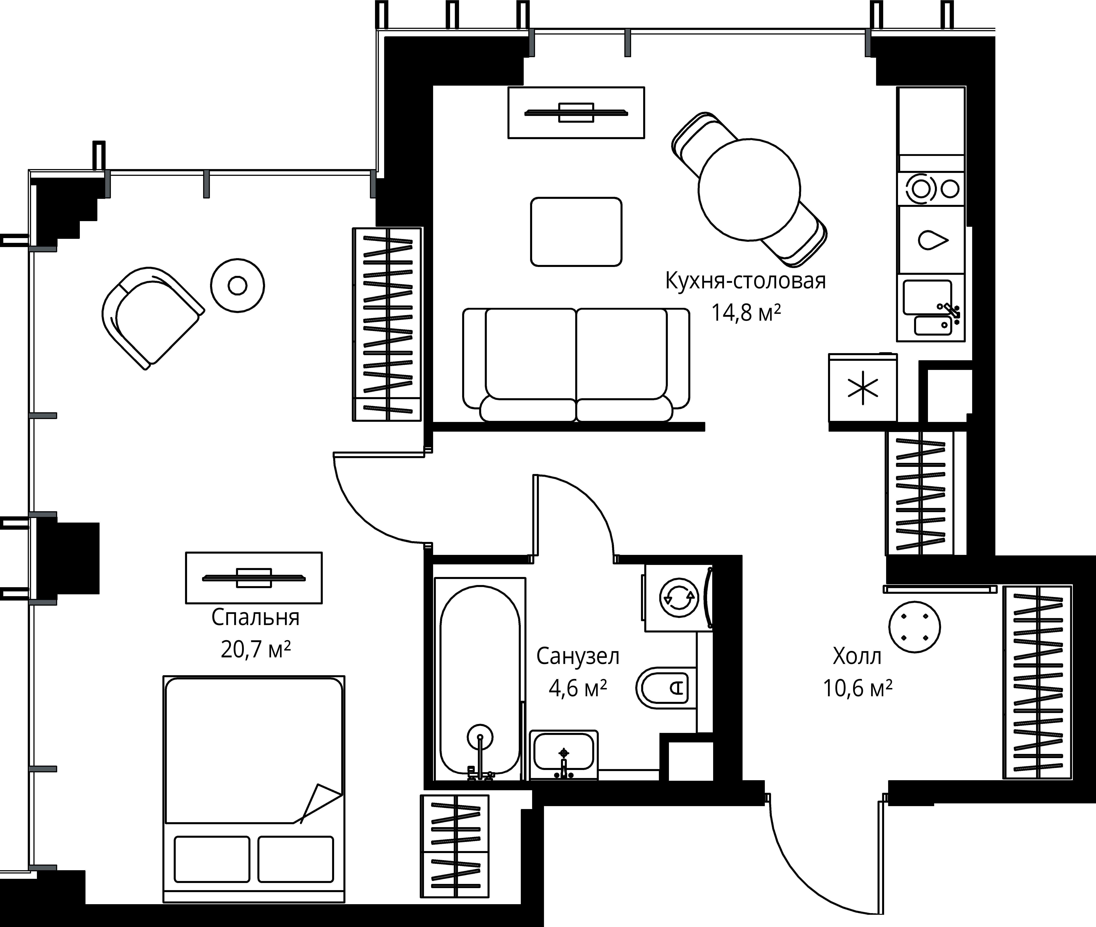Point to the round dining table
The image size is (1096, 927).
point(749,189)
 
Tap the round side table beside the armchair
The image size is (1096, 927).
point(238,286)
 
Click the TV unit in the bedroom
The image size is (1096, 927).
point(254,578)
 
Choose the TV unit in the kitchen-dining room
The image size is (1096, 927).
point(576,112)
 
